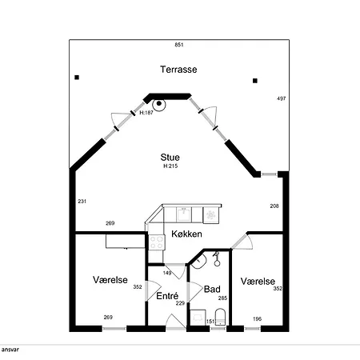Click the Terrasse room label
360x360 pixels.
coord(178,70)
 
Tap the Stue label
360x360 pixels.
coord(170,157)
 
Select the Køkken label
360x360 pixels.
coord(186,234)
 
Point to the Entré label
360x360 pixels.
coord(167,296)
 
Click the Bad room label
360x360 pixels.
coord(212,289)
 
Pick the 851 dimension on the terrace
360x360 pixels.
coord(179,45)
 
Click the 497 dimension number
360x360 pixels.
coord(282,98)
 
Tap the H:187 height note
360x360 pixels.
coord(146,113)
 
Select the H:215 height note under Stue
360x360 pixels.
coord(170,166)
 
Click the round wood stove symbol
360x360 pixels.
coord(159,104)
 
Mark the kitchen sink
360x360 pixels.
coord(184,214)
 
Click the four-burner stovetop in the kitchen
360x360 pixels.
coord(157,242)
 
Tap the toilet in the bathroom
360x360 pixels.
coord(220,317)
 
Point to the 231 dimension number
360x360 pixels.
coord(82,202)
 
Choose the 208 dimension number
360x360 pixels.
coord(274,206)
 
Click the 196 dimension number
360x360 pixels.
coord(257,318)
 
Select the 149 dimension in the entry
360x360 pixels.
coord(167,273)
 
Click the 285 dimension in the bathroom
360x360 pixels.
coord(222,298)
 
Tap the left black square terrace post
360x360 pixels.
coord(77,78)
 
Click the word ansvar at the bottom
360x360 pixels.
coord(10,350)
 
